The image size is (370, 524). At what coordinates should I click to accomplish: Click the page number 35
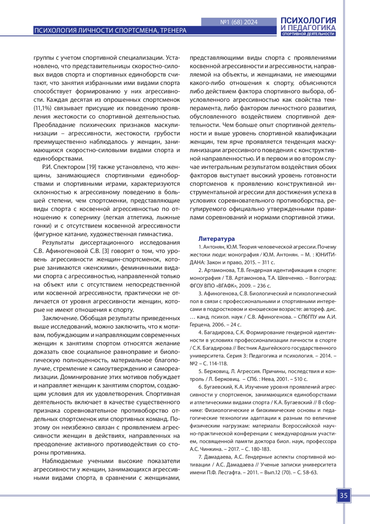(343, 496)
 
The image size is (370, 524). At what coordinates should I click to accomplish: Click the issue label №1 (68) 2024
(239, 22)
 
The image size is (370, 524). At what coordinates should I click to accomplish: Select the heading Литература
(216, 239)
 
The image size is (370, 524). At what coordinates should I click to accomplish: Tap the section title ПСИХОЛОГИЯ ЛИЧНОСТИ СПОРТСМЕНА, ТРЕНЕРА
(110, 31)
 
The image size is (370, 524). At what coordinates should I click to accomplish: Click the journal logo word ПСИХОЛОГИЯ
(308, 20)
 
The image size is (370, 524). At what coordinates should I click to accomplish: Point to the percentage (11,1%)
(43, 108)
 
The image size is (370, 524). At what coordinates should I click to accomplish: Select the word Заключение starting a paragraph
(60, 318)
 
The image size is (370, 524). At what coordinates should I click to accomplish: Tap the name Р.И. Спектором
(64, 167)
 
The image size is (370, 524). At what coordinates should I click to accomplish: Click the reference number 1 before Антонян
(200, 247)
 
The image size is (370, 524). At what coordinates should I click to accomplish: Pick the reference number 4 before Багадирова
(200, 333)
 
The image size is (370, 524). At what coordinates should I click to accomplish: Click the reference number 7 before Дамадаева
(200, 457)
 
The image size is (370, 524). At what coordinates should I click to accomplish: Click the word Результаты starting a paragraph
(58, 243)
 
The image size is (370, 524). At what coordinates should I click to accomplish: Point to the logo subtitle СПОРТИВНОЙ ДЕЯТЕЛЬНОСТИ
(308, 34)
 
